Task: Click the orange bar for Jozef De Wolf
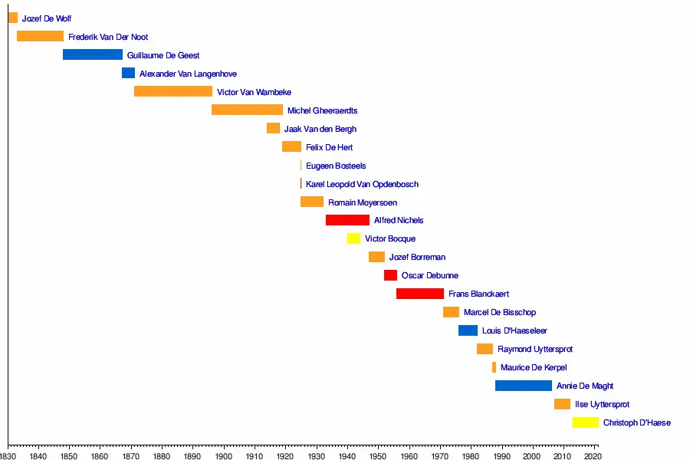click(x=12, y=18)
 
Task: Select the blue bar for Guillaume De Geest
click(x=93, y=54)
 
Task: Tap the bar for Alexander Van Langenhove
click(x=128, y=73)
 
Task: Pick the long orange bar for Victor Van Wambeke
click(x=173, y=91)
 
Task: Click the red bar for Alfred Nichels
click(x=347, y=220)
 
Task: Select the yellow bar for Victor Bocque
click(x=353, y=238)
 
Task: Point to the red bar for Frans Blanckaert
click(x=420, y=294)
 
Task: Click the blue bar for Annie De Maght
click(x=524, y=386)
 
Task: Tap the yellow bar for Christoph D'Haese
click(x=586, y=422)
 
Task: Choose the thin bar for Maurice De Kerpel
click(x=494, y=367)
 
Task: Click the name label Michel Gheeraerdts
click(x=322, y=110)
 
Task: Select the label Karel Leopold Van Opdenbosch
click(x=362, y=184)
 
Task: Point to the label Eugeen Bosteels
click(x=336, y=166)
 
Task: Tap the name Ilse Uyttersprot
click(x=602, y=404)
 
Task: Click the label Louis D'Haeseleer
click(x=514, y=330)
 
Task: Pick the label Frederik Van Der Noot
click(x=108, y=37)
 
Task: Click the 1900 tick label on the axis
click(x=223, y=455)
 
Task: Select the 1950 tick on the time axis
click(x=377, y=455)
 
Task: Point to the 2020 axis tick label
click(x=593, y=455)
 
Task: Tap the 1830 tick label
click(x=8, y=455)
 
